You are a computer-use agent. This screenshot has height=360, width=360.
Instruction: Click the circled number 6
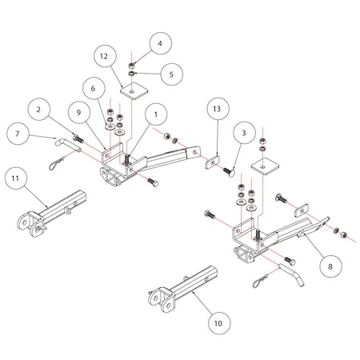click(x=94, y=90)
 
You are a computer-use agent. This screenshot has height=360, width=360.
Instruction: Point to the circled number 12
click(x=102, y=56)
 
